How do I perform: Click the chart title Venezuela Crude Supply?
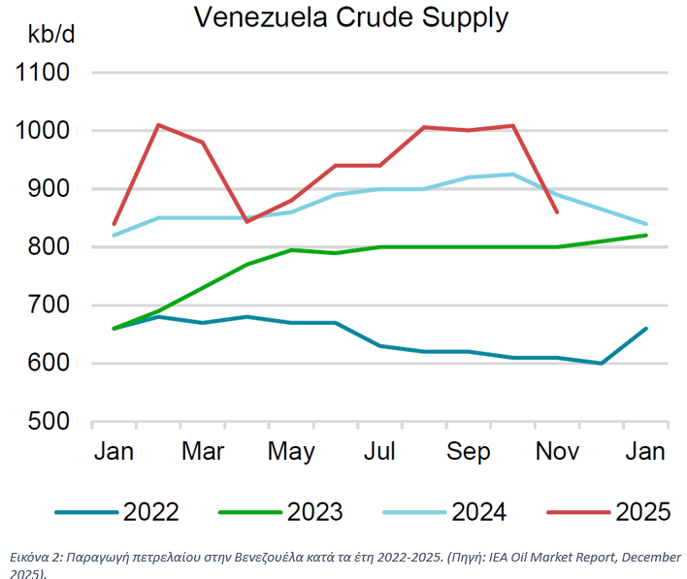point(350,16)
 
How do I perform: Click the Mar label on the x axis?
point(203,452)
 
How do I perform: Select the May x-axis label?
point(291,452)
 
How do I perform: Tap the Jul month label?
point(380,452)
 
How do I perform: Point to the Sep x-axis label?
point(469,452)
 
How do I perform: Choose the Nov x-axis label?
point(557,452)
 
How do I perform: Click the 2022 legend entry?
point(150,511)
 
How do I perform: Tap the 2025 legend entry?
point(642,511)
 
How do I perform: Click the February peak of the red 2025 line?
point(158,125)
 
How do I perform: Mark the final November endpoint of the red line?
point(557,211)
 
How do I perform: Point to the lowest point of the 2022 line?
point(602,364)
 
